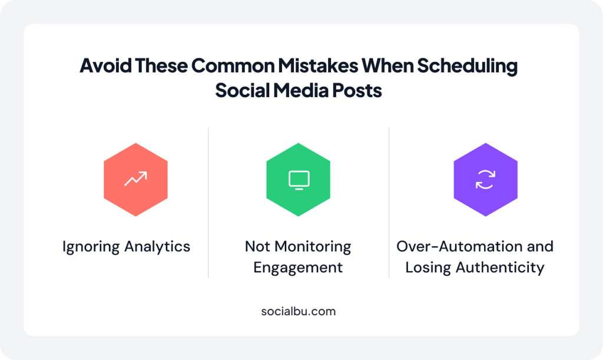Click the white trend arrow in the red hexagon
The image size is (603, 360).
tap(135, 179)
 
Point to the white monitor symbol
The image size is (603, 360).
tap(299, 180)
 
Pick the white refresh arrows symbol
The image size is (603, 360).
tap(485, 180)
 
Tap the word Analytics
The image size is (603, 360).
tap(157, 246)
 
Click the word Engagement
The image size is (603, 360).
tap(298, 267)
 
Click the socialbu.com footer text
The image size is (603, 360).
tap(299, 311)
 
